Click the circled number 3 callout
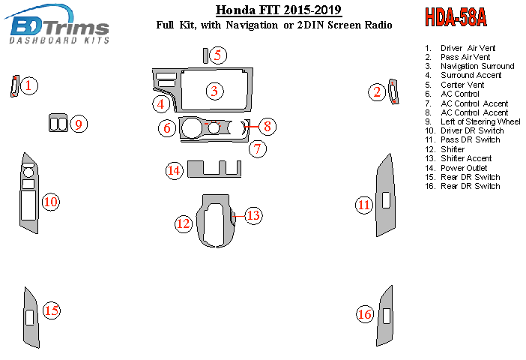[x=214, y=91]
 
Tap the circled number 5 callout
[x=217, y=55]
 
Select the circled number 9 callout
[x=80, y=124]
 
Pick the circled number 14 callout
[x=175, y=171]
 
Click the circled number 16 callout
[x=365, y=314]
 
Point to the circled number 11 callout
[x=364, y=205]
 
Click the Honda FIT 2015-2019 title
[x=279, y=10]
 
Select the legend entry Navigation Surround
[x=477, y=66]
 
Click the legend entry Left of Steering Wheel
[x=480, y=121]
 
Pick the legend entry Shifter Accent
[x=466, y=158]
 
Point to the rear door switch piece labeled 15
[x=31, y=316]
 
